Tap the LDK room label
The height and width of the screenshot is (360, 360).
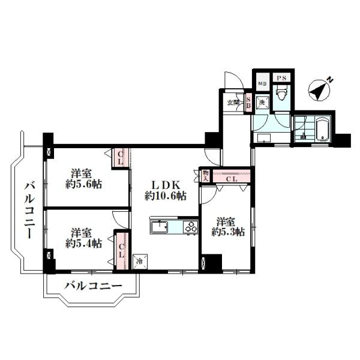(x=164, y=185)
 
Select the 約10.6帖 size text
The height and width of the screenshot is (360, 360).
(x=164, y=196)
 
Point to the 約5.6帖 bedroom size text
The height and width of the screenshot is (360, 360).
(x=83, y=184)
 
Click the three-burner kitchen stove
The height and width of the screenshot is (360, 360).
(x=190, y=227)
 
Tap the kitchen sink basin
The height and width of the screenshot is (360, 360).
(x=160, y=227)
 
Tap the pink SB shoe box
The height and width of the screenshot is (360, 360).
(x=248, y=102)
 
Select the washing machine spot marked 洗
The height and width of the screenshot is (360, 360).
(x=262, y=103)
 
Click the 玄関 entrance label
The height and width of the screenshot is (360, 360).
(x=233, y=102)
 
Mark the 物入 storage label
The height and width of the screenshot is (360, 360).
(x=205, y=175)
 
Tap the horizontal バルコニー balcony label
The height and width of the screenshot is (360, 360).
(x=93, y=286)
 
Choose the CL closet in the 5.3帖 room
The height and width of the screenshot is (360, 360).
(x=232, y=178)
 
